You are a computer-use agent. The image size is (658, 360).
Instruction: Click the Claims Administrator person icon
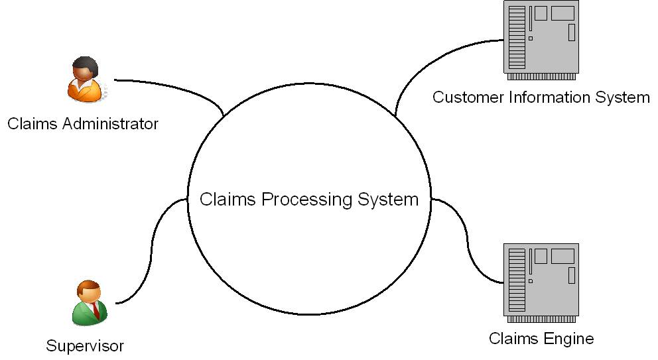pos(86,80)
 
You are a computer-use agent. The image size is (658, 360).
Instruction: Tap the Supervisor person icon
pos(89,304)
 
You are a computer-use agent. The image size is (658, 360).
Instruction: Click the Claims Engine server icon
pos(541,280)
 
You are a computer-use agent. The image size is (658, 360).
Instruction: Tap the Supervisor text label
pos(85,345)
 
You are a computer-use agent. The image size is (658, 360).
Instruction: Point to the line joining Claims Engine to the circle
pos(467,245)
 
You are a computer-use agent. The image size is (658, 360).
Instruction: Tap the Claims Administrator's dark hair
pos(85,66)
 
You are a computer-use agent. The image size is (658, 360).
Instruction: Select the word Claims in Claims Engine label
pos(511,339)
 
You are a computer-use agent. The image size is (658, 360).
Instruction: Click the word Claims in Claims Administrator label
pos(30,123)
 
